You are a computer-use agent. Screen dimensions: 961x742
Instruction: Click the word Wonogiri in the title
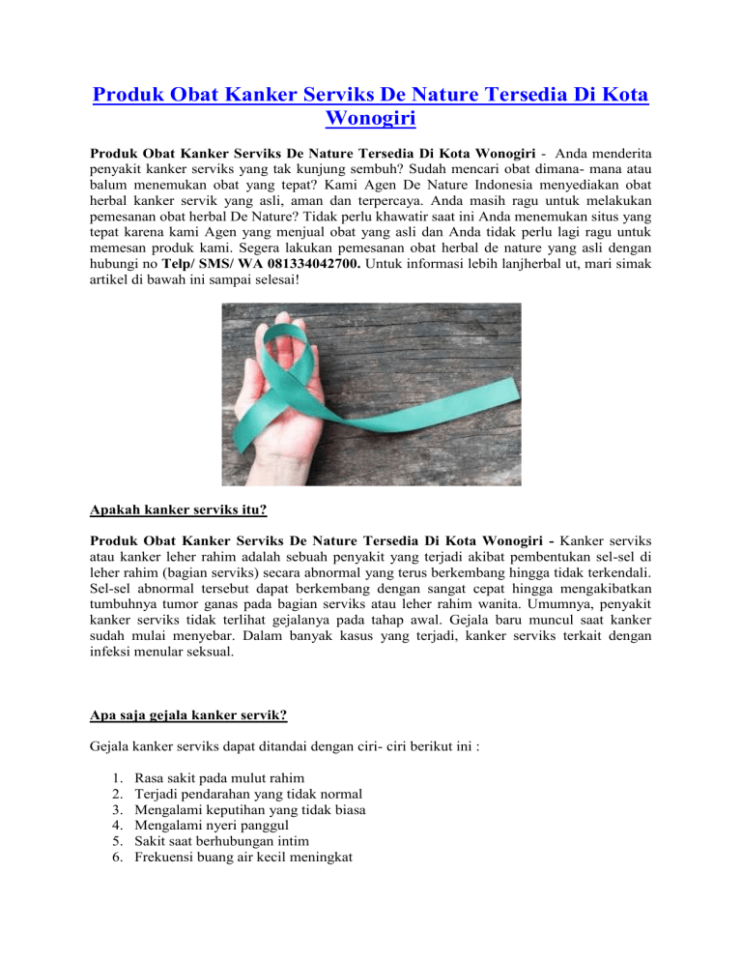tap(370, 123)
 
